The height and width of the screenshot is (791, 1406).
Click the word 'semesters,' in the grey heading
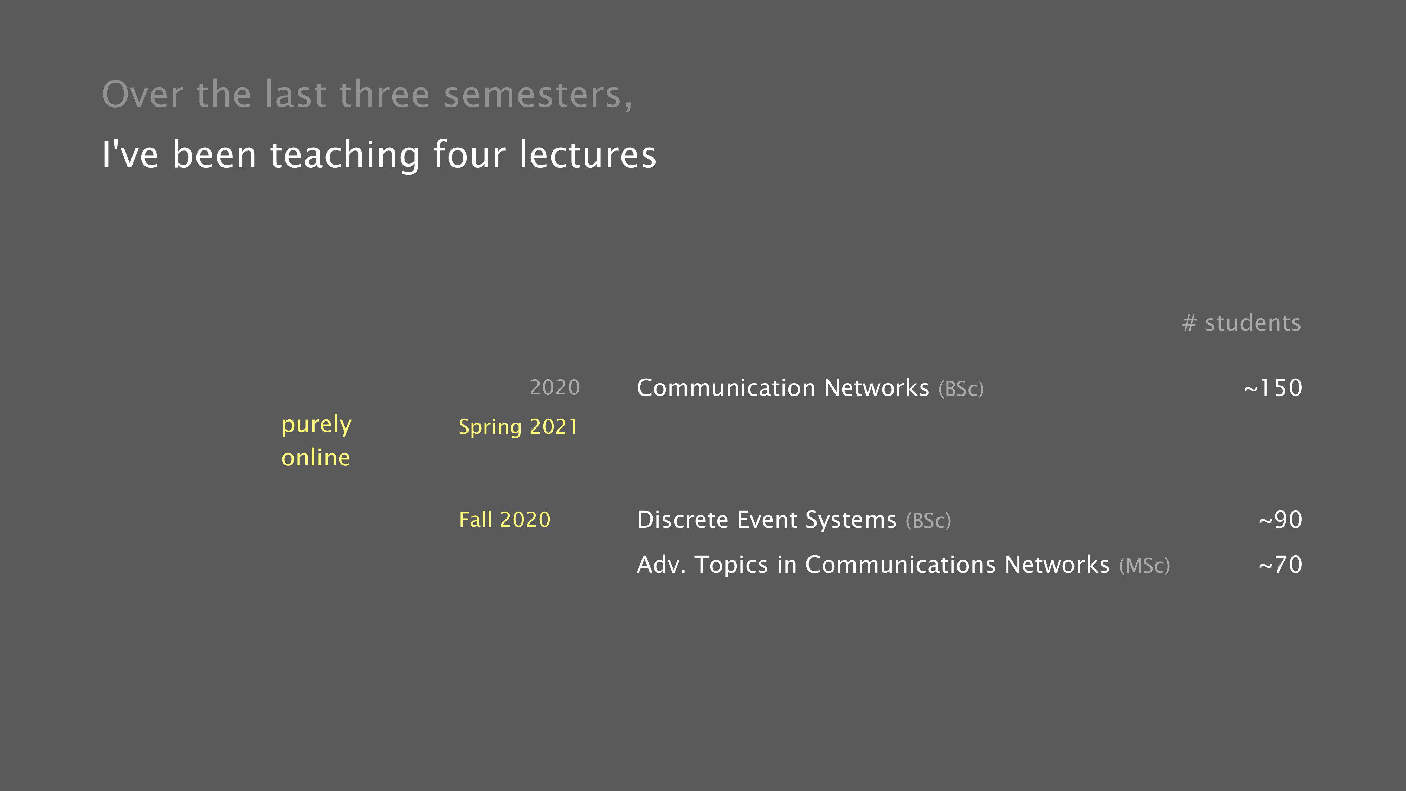pos(538,95)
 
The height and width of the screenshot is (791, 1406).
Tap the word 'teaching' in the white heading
pos(345,156)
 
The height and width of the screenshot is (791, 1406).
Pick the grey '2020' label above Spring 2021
pos(555,387)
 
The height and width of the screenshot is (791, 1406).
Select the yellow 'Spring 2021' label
pos(518,427)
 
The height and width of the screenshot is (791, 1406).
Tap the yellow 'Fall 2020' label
pos(505,520)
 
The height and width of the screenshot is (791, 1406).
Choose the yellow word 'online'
pos(316,457)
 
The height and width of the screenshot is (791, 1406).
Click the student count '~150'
pos(1273,388)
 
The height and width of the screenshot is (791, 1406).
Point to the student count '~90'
pos(1281,520)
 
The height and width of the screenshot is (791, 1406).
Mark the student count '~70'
pos(1281,565)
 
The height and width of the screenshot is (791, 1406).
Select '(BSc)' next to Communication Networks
pos(961,389)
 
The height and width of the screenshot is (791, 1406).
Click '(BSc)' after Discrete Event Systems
pos(928,521)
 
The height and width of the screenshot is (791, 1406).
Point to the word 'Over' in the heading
pos(142,95)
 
